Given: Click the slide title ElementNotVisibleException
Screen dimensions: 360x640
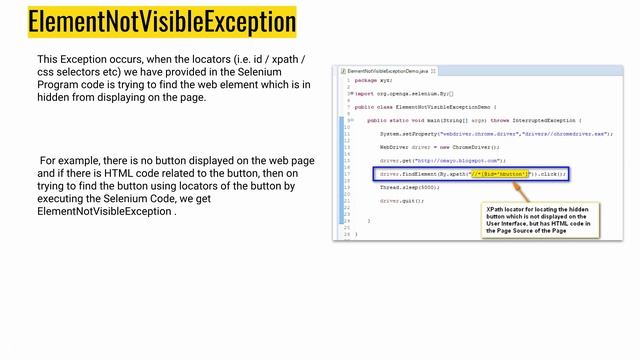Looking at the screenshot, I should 162,21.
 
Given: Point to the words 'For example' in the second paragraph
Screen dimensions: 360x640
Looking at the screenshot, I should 69,160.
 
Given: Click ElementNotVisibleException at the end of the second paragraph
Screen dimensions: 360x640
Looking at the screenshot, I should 105,212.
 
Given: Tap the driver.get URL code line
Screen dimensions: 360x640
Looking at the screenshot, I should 442,160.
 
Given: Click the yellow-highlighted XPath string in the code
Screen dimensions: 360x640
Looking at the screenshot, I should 499,173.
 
